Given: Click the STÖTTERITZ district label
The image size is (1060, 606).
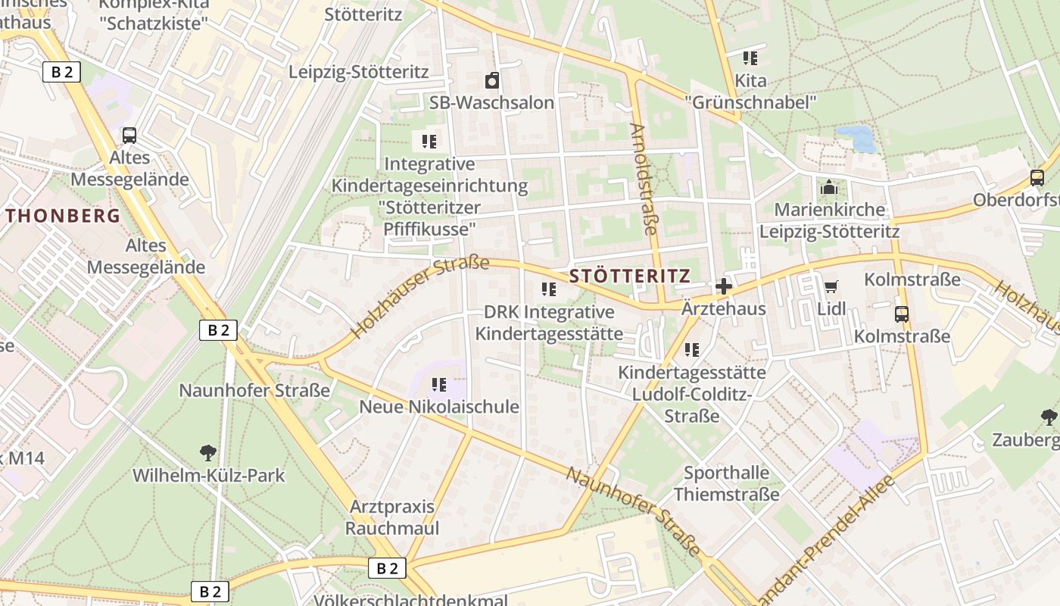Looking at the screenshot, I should click(x=629, y=276).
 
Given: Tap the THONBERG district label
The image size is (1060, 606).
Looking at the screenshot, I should click(x=64, y=216).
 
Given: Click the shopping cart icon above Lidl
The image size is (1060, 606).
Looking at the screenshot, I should click(x=831, y=286).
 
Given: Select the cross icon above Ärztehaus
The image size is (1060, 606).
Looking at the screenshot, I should click(x=723, y=286).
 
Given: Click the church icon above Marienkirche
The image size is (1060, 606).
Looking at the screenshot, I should click(x=829, y=186).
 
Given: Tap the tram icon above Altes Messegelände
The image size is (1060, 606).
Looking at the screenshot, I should click(x=129, y=136).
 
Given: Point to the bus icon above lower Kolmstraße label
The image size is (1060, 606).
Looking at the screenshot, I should click(x=901, y=314).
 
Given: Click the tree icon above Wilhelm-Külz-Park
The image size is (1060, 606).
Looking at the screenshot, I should click(x=207, y=453).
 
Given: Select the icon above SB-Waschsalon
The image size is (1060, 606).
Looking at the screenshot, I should click(x=492, y=80).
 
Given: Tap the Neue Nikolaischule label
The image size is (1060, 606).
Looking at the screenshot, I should click(x=439, y=407).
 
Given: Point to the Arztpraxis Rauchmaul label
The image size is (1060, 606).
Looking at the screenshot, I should click(x=391, y=517).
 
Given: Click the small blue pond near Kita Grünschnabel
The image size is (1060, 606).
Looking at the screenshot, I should click(x=856, y=138).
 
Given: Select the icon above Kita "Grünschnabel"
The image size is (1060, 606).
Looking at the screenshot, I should click(x=750, y=58).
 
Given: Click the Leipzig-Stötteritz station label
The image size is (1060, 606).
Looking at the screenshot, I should click(x=359, y=72).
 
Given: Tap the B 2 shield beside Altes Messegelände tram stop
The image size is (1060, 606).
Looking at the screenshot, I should click(x=61, y=72).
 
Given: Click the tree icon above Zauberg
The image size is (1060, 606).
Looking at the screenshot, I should click(x=1049, y=417).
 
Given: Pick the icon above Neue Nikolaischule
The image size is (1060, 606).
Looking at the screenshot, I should click(x=438, y=385).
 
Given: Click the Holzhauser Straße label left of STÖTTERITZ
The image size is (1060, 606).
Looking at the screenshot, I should click(x=421, y=297).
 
